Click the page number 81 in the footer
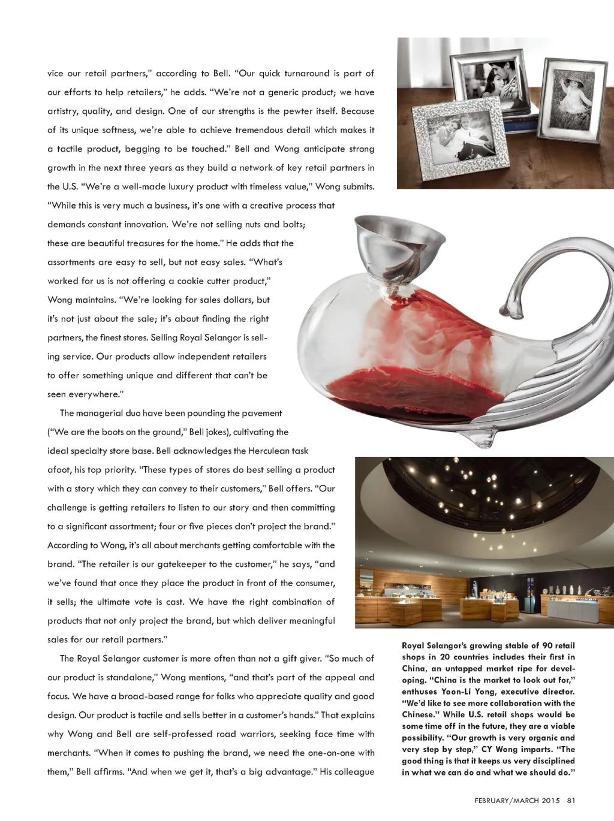pos(571,799)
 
